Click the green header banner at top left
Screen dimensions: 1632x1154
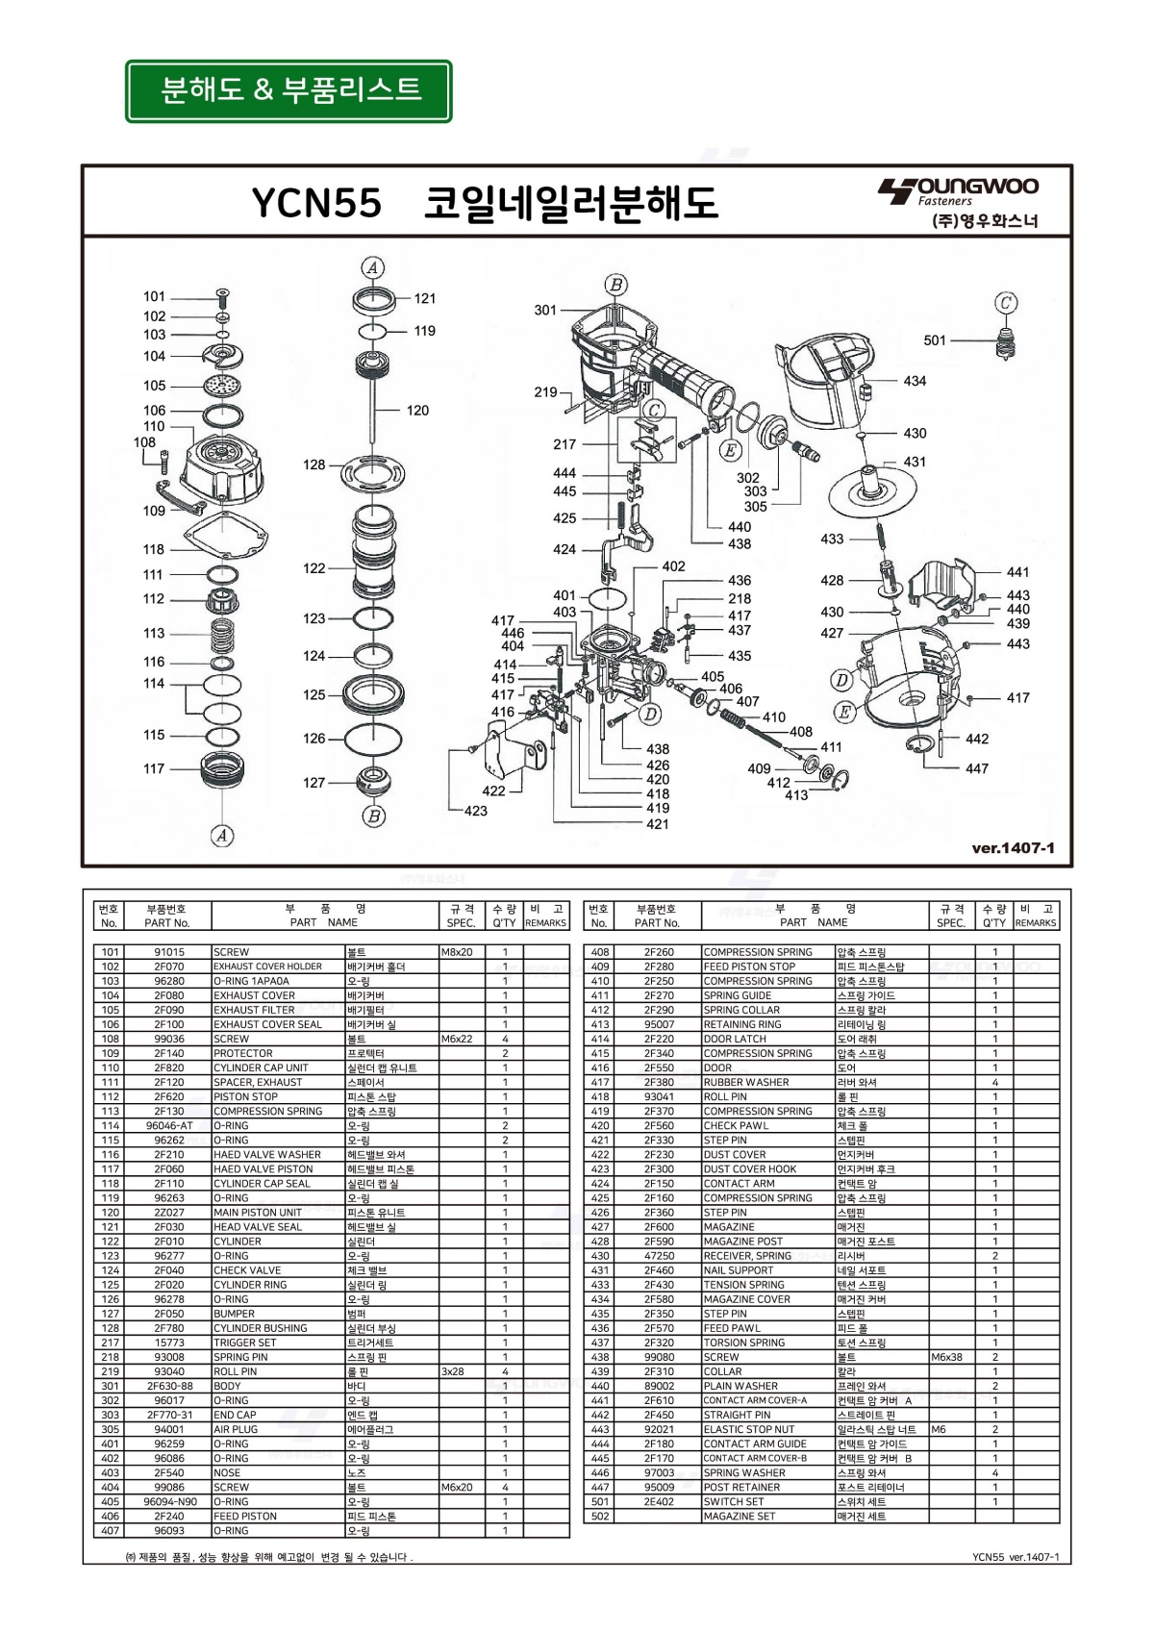[x=288, y=90]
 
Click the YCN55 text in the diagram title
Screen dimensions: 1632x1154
[x=316, y=203]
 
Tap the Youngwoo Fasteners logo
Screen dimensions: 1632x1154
[x=959, y=203]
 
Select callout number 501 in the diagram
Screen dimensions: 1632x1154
[x=935, y=340]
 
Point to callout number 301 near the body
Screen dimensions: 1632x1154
[x=545, y=310]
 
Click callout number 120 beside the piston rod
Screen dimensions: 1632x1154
[x=417, y=411]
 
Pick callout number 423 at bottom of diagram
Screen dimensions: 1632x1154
[x=476, y=811]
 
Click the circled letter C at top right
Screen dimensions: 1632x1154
[x=1006, y=303]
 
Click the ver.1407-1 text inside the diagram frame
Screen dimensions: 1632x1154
[x=1013, y=848]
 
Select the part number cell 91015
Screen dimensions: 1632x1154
[x=169, y=952]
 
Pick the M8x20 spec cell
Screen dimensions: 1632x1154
[x=457, y=952]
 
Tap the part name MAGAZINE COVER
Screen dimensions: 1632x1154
[x=746, y=1299]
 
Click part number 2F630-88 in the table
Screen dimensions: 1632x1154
[x=169, y=1386]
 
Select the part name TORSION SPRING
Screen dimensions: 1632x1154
[x=743, y=1343]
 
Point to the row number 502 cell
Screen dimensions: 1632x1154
[x=599, y=1516]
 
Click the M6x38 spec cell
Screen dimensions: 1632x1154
[x=947, y=1357]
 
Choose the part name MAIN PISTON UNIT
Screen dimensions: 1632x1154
[x=257, y=1213]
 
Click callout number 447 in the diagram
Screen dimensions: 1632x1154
[x=977, y=768]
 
